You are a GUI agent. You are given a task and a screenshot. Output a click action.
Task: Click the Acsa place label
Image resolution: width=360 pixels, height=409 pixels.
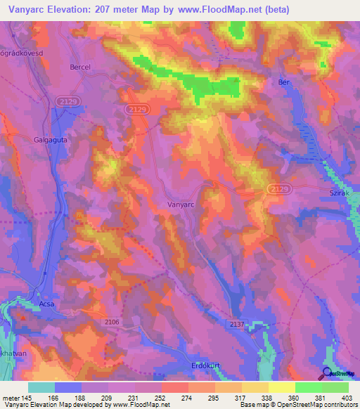(x=46, y=295)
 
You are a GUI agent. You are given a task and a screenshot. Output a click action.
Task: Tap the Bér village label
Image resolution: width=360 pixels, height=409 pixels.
(x=284, y=82)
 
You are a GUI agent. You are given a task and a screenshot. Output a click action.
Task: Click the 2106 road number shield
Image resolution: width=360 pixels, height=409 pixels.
(x=112, y=321)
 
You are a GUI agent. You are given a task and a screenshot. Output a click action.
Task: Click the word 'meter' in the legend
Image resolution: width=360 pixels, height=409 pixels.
(x=11, y=397)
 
